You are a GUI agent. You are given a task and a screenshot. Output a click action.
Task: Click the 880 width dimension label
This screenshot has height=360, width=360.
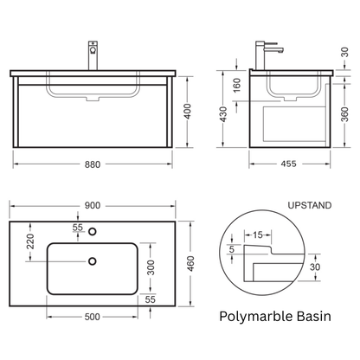point(93,164)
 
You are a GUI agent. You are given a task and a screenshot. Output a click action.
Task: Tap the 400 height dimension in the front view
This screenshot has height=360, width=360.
point(188,112)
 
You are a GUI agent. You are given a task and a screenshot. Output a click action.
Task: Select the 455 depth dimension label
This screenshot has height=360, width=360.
point(288,164)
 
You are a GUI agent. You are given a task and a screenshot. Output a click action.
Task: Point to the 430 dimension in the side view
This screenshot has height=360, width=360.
point(223,114)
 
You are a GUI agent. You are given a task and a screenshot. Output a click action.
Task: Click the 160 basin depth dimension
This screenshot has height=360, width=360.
point(236,86)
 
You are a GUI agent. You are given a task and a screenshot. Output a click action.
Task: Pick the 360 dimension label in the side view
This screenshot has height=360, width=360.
point(345,114)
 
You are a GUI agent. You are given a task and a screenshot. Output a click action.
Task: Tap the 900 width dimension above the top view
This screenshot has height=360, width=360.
point(93,206)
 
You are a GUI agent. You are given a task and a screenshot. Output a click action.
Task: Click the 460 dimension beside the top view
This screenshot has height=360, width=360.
point(190,264)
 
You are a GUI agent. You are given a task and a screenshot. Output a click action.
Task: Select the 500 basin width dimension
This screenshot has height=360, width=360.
point(93,317)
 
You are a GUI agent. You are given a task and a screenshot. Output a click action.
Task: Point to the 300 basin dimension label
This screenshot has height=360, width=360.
point(151,267)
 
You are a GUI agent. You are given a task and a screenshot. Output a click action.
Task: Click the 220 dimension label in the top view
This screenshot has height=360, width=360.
point(30,241)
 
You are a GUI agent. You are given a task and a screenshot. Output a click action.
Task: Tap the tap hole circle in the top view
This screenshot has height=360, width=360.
point(93,231)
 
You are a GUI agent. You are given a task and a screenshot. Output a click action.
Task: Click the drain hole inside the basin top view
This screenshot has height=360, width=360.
point(93,261)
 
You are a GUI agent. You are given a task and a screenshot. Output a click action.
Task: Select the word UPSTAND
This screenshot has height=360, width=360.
point(310,205)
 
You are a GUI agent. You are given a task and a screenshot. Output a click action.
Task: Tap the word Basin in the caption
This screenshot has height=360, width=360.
point(314,316)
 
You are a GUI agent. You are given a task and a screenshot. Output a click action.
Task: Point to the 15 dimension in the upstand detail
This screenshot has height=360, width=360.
point(258,235)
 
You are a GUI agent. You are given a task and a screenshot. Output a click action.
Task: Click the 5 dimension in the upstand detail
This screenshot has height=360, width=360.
point(232,249)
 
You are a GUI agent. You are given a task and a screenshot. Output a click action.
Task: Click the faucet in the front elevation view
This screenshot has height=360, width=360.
point(93,55)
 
